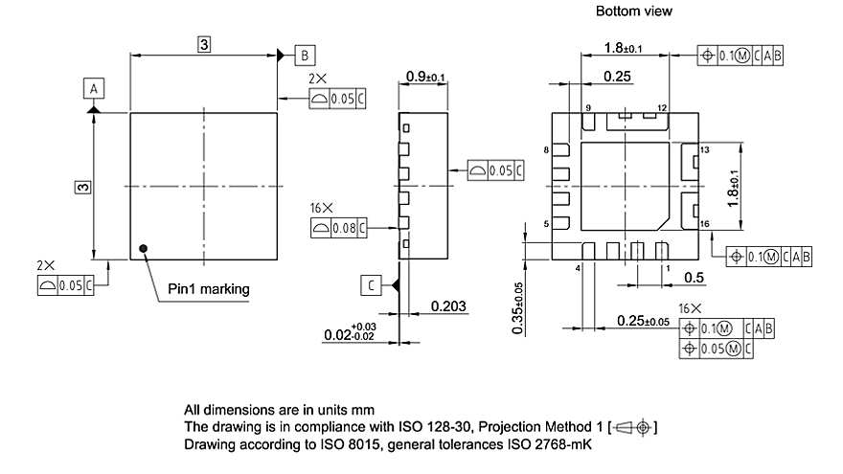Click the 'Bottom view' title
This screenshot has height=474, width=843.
coord(634,11)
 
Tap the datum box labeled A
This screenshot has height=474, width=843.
coord(93,89)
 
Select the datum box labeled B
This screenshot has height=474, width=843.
coord(304,54)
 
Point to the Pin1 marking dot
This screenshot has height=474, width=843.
coord(144,249)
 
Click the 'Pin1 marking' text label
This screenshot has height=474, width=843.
coord(209,288)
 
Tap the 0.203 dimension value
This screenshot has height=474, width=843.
coord(448,306)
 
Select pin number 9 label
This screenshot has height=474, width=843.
coord(588,107)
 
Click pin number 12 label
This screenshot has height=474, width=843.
coord(661,107)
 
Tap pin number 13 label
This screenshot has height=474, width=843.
coord(704,150)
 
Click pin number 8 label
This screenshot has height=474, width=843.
coord(546,150)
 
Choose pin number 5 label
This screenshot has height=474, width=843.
coord(546,223)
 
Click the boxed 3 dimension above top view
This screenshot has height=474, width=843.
coord(204,44)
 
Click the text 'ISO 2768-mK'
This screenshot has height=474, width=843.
coord(551,445)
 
